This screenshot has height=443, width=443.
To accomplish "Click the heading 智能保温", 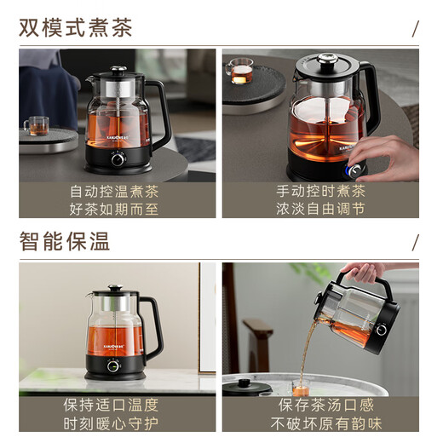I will [65, 240].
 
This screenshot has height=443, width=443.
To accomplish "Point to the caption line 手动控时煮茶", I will [321, 191].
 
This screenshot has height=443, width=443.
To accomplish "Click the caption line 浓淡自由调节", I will [321, 209].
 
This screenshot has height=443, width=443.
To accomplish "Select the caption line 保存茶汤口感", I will [321, 404].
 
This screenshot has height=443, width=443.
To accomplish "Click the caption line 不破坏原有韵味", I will [321, 422].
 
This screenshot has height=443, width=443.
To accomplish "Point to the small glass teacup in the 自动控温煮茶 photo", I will [36, 126].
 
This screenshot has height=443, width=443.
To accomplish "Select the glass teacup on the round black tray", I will [241, 72].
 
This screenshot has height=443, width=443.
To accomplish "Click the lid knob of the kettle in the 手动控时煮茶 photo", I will [326, 59].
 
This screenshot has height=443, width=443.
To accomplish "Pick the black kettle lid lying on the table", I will [248, 386].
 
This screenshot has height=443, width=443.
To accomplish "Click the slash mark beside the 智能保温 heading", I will [415, 241].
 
